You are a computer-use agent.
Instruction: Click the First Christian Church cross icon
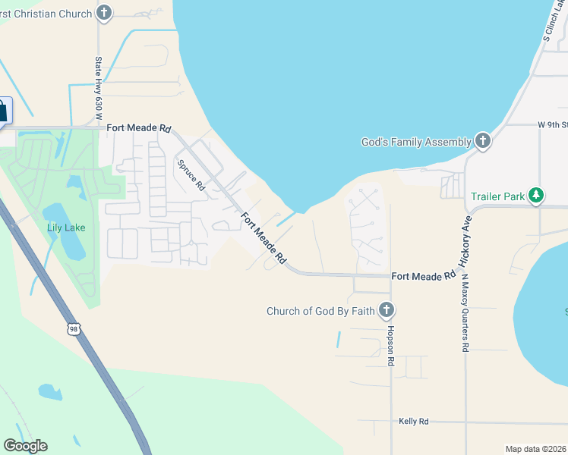pos(104,13)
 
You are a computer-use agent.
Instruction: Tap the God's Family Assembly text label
pos(416,142)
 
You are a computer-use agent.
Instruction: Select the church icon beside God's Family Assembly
pos(482,141)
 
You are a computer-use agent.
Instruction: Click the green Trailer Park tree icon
pos(537,196)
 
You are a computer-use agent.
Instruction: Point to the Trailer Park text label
pos(497,196)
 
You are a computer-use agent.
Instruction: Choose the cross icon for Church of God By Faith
pos(386,309)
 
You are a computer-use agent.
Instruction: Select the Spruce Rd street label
pos(191,174)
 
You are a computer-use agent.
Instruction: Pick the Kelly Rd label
pos(414,421)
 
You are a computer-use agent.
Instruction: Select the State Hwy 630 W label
pos(98,88)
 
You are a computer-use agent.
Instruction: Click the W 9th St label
pos(552,124)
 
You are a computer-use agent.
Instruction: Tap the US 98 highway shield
pos(74,328)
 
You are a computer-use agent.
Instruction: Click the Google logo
pos(25,446)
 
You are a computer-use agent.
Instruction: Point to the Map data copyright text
pos(535,449)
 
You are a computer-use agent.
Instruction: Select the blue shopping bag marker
pos(2,111)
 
